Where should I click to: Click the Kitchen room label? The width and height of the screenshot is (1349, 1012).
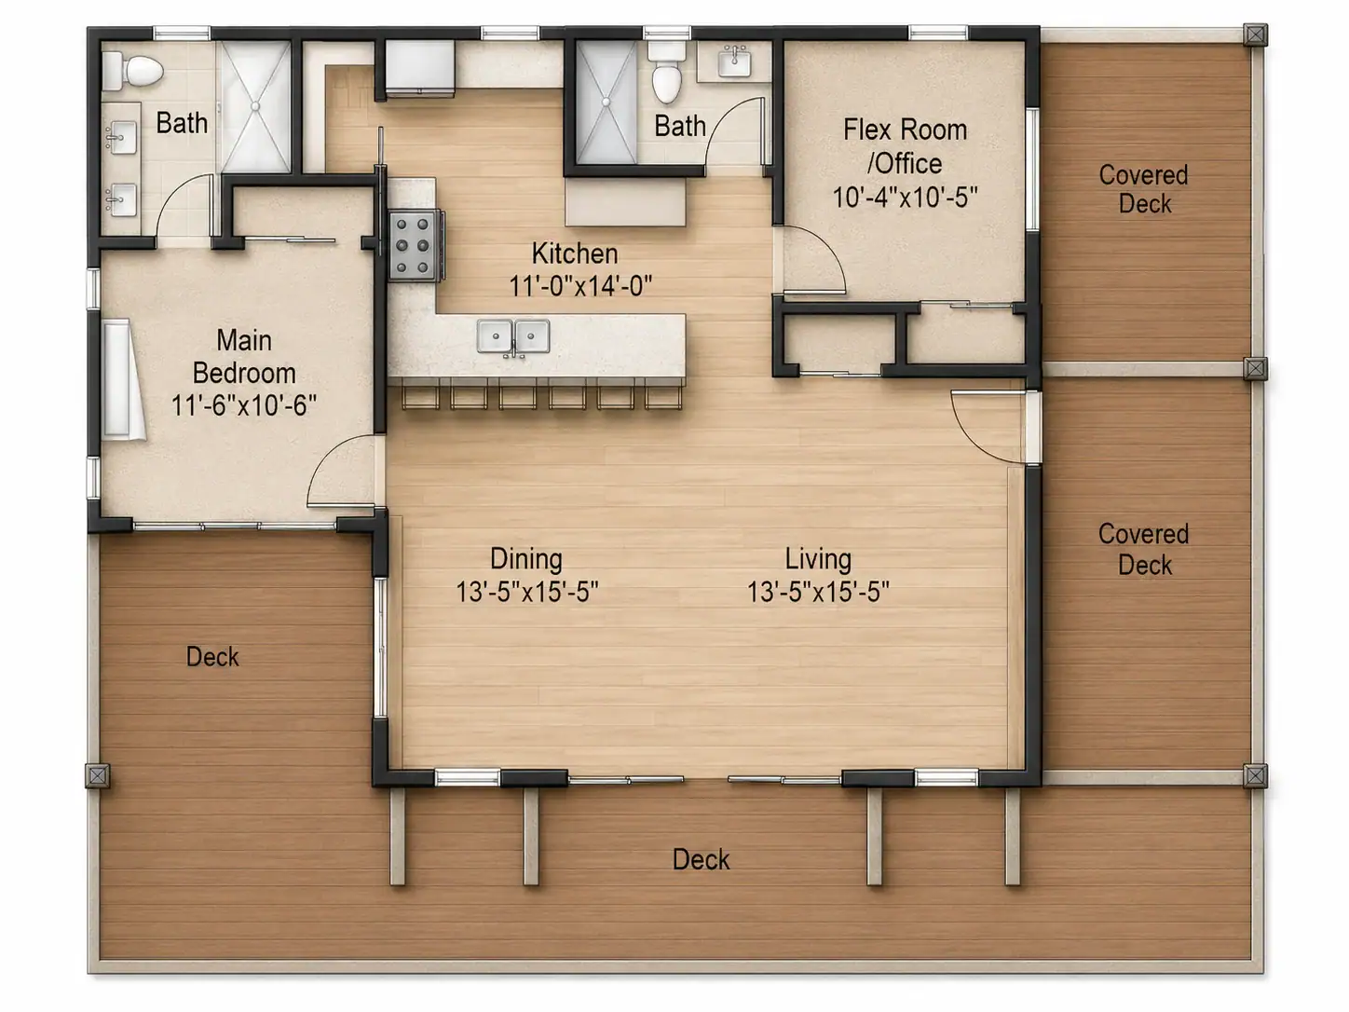(575, 253)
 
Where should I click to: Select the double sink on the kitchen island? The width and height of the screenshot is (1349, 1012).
(513, 336)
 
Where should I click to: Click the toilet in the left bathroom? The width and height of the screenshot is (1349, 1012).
(132, 71)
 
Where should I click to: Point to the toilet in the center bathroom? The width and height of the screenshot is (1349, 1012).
(666, 73)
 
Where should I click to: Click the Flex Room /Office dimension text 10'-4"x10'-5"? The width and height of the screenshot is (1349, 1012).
(905, 198)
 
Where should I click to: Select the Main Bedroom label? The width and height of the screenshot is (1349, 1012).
(244, 356)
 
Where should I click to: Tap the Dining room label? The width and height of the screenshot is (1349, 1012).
(526, 558)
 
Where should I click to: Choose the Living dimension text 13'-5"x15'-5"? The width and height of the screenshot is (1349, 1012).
(818, 592)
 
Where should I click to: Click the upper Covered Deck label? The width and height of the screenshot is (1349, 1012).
(1144, 189)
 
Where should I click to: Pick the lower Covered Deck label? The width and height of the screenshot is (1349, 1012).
(1144, 549)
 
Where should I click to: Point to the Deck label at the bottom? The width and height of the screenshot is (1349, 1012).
(702, 859)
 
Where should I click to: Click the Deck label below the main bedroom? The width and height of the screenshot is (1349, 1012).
(212, 657)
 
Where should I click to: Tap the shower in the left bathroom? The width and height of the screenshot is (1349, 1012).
(255, 105)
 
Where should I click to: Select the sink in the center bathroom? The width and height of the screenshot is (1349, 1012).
(734, 62)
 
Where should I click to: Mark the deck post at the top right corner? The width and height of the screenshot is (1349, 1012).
(1255, 35)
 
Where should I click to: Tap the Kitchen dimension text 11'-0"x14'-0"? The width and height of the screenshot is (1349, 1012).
(580, 286)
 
